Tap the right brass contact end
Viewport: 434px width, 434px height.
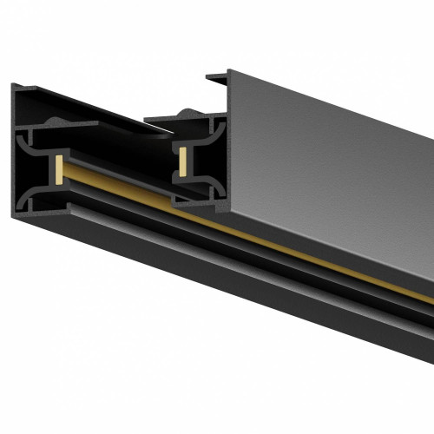pos(184,159)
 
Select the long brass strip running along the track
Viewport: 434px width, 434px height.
pos(260,230)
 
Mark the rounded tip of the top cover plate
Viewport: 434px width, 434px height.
pos(165,132)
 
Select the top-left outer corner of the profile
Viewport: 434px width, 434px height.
pos(15,85)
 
